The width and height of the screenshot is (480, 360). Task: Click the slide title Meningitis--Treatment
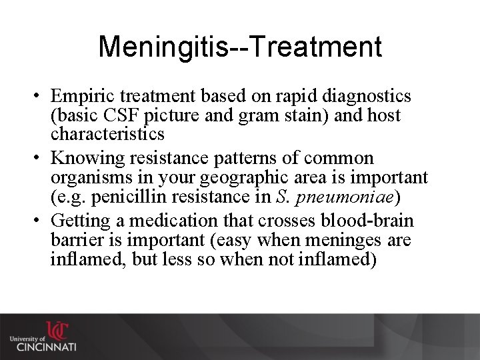240,47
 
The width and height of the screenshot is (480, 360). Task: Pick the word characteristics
107,134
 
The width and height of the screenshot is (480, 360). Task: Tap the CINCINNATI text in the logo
46,347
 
